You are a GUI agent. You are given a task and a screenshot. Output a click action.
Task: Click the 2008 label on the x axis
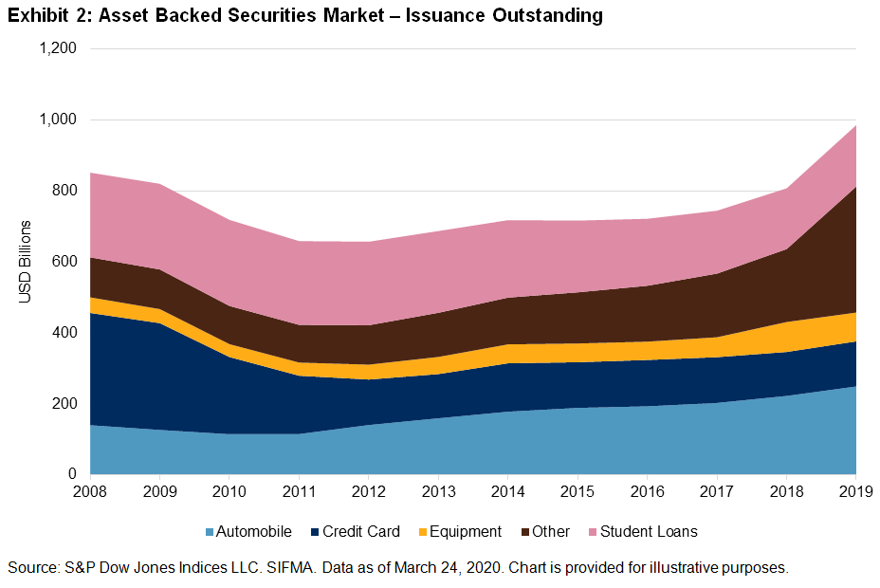[x=91, y=491]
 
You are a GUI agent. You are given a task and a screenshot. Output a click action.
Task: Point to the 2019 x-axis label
[x=855, y=491]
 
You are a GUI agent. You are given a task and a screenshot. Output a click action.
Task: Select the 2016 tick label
[x=648, y=491]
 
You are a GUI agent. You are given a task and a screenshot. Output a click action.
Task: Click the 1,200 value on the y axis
[x=57, y=48]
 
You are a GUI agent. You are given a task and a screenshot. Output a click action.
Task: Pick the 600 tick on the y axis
[x=64, y=262]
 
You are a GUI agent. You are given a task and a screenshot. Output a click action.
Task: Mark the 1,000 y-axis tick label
[x=57, y=119]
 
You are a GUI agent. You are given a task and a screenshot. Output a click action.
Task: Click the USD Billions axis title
[x=26, y=262]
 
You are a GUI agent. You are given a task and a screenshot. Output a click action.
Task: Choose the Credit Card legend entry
[x=359, y=532]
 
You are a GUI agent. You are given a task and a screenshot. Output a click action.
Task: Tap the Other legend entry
[x=550, y=532]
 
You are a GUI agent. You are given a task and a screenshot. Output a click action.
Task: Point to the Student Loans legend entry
[x=650, y=532]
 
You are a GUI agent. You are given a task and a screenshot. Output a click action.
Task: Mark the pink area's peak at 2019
[x=855, y=125]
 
